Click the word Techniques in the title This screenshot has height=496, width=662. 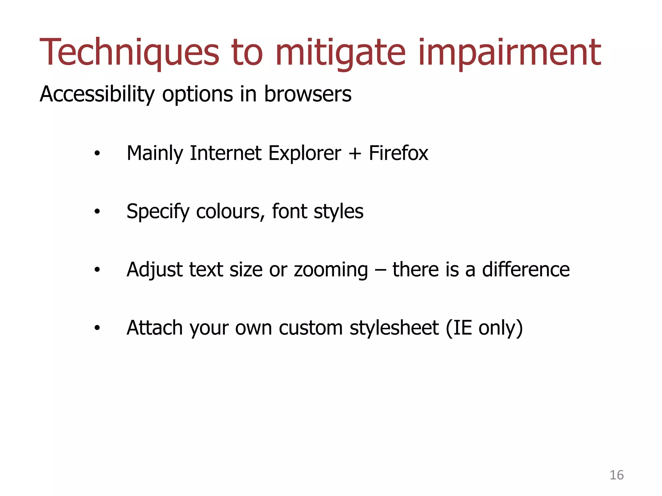[129, 52]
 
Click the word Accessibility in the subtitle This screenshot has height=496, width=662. [97, 94]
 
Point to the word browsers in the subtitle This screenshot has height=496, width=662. [308, 94]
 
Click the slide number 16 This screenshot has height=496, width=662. [616, 475]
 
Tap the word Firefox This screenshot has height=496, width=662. [398, 153]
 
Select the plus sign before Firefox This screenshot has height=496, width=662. [355, 154]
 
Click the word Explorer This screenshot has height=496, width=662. [304, 153]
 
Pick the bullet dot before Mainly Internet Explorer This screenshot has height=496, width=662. [97, 154]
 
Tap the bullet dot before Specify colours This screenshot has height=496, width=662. [97, 212]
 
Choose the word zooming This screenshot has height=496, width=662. [331, 270]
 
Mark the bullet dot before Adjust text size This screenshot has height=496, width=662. [97, 270]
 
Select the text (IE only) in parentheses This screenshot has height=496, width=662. [484, 328]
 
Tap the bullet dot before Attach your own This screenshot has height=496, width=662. [97, 328]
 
